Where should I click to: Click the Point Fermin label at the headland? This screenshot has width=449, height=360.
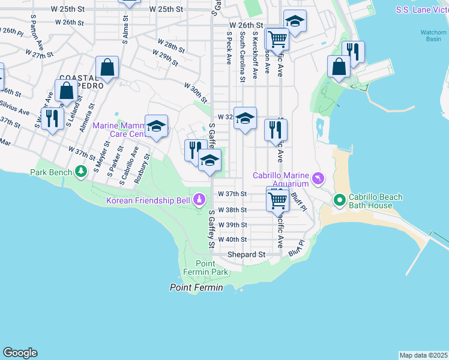196,288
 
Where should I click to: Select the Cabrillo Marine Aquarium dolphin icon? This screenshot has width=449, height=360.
318,178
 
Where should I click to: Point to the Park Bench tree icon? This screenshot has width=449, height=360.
80,173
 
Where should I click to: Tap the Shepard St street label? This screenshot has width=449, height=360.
246,254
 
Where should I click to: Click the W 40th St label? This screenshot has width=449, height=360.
232,239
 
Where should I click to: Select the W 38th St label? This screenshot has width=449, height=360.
232,210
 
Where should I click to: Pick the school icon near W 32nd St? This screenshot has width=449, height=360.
245,118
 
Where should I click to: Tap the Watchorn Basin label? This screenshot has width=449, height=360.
433,35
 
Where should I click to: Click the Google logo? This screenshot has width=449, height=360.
20,353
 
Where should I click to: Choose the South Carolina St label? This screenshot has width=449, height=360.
242,57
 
